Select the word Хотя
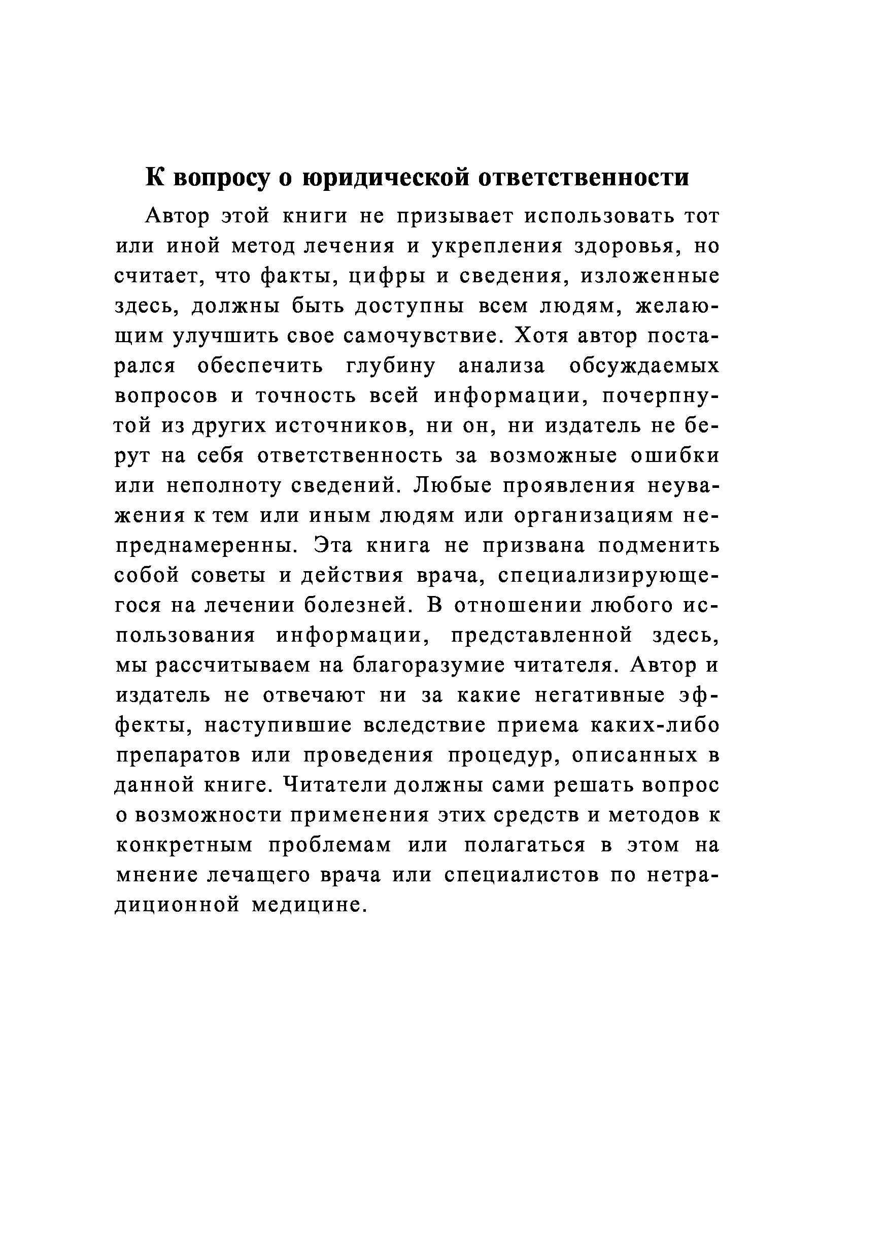point(543,336)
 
